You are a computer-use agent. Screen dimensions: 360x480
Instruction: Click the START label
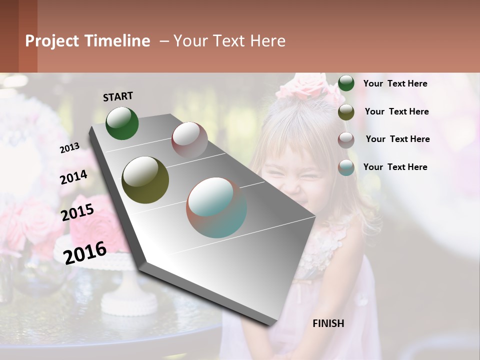(118, 96)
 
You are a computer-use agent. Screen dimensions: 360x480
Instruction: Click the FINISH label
(328, 323)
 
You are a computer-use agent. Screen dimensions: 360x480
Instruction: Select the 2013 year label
(69, 147)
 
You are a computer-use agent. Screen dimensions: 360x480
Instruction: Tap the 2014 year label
(73, 177)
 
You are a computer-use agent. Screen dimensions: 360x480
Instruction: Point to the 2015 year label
(77, 212)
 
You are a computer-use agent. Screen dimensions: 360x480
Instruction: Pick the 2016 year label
(85, 252)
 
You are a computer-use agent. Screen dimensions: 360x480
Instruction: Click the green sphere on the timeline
(122, 123)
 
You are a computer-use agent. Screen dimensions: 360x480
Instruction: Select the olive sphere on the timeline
(145, 180)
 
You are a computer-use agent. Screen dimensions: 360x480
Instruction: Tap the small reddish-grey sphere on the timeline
(189, 139)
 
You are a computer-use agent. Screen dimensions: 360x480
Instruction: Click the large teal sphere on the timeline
(216, 207)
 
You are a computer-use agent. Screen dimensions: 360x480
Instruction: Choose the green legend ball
(346, 83)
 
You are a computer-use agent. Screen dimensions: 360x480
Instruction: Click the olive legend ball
(346, 112)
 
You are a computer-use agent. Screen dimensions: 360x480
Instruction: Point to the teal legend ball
(346, 167)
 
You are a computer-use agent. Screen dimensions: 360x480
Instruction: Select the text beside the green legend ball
(395, 83)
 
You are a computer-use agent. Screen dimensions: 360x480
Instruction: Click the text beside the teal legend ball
(395, 167)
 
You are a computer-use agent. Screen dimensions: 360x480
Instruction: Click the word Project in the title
(51, 41)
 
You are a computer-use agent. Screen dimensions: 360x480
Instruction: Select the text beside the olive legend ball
(396, 111)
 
